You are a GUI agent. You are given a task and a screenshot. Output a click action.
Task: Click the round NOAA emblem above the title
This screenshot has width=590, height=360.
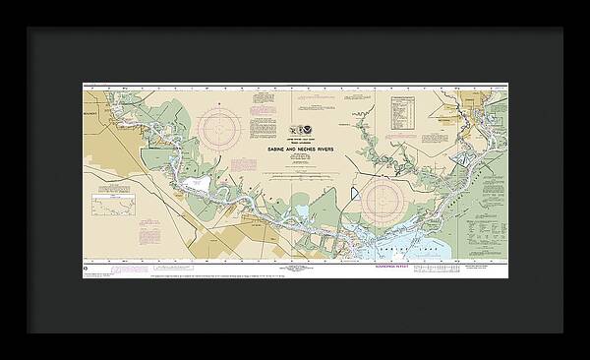305,130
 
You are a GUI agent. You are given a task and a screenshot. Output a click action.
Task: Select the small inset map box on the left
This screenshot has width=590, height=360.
113,206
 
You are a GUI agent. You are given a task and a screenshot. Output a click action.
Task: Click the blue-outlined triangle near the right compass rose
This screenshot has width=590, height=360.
345,194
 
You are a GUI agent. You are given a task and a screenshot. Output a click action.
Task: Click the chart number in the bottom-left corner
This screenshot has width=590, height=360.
86,268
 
